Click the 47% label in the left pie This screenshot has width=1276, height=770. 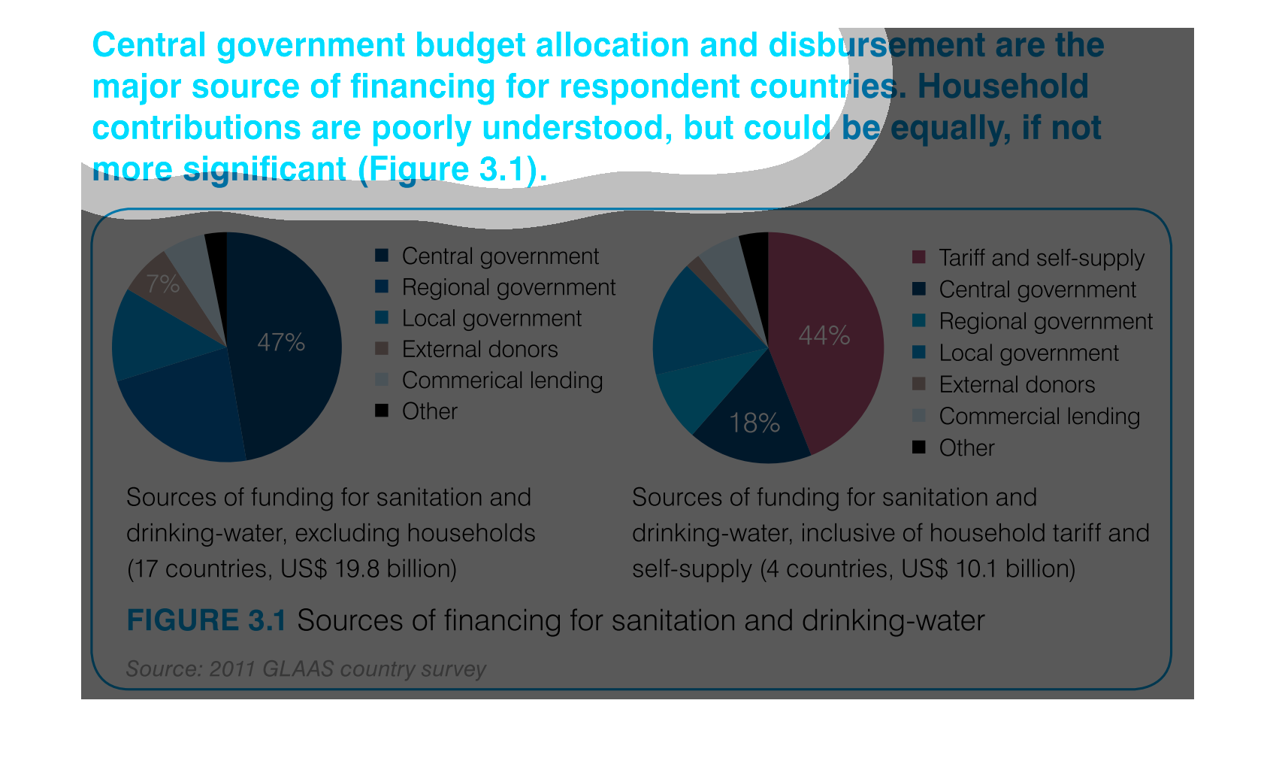pos(281,343)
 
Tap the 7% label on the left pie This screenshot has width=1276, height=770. pos(162,283)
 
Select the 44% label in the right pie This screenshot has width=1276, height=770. pos(824,335)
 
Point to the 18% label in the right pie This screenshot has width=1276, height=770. pos(754,423)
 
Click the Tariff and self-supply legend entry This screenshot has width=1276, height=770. pos(1041,258)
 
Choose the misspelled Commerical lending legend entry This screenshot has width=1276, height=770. pos(502,380)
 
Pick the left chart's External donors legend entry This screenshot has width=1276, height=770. pos(479,350)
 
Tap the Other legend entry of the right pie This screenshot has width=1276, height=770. pos(966,448)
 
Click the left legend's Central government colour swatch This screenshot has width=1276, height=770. pos(382,256)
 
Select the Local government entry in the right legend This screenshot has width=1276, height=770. pos(1028,353)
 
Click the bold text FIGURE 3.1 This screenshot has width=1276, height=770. pos(206,621)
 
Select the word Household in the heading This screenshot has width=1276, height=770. pos(1002,86)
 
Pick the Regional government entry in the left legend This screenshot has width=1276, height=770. pos(508,287)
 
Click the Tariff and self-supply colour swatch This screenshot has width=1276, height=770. pos(918,257)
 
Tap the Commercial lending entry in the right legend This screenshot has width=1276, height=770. pos(1039,417)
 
